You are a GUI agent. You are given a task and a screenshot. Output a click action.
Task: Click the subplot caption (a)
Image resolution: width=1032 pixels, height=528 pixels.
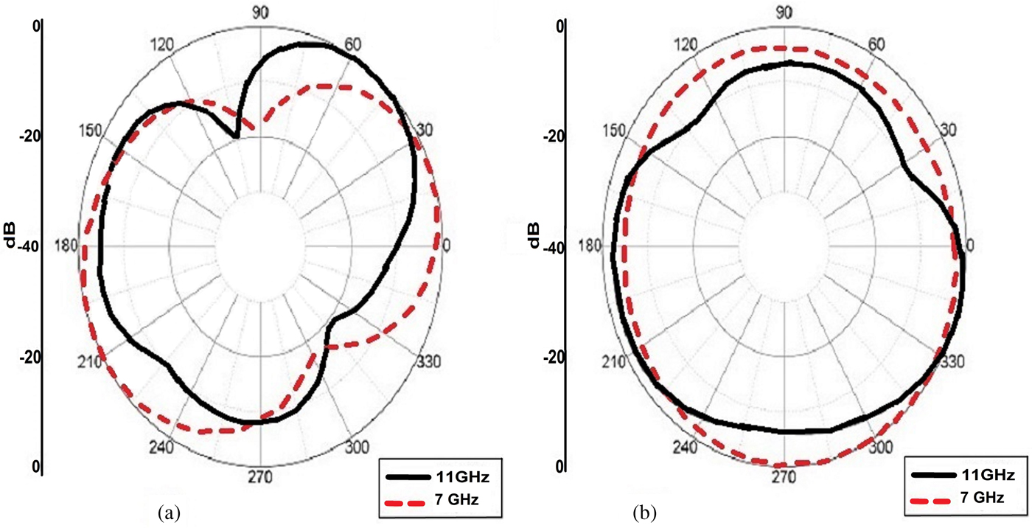pos(167,510)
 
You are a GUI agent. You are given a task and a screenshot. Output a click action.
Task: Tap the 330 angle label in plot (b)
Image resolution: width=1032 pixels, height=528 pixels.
pos(959,361)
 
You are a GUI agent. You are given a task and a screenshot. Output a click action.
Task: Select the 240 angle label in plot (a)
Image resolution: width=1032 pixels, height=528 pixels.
pos(161,448)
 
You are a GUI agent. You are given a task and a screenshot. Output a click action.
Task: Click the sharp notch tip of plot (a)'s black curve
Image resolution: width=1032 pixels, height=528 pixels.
pos(236,136)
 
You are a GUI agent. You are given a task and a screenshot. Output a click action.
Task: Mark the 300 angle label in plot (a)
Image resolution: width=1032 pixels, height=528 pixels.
pos(358,448)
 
